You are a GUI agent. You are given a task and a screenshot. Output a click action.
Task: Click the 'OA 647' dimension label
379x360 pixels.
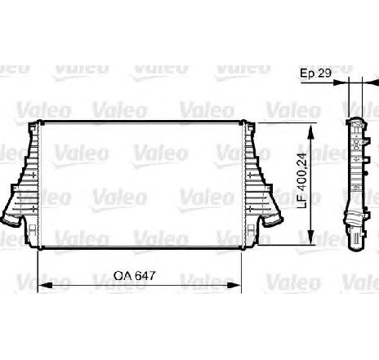tap(134, 275)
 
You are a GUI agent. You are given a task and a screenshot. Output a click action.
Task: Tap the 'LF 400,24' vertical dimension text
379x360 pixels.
tap(302, 181)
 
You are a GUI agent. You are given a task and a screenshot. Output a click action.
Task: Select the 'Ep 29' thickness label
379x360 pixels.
tap(315, 73)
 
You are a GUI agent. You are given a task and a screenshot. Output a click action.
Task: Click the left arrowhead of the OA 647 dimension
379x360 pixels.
tap(45, 285)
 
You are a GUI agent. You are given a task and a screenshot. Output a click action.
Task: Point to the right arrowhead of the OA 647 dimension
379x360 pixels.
tap(234, 285)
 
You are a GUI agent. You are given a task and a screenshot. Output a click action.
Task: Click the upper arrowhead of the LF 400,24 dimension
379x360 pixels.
tap(310, 131)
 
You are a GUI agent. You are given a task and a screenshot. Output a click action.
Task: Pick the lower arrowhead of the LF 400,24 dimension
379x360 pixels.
tap(310, 237)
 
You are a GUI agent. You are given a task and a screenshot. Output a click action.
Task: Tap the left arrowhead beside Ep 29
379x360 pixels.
tap(341, 82)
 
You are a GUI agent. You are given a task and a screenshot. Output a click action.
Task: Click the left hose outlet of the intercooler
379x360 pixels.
tap(11, 220)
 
